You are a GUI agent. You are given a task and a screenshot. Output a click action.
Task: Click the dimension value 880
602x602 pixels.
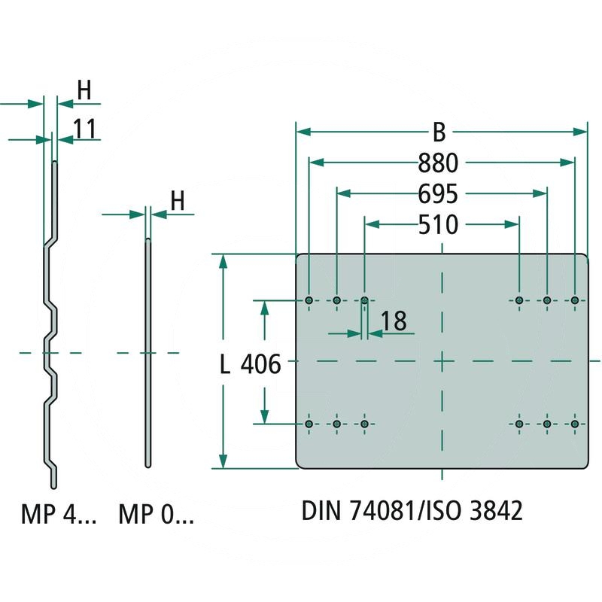[x=442, y=163]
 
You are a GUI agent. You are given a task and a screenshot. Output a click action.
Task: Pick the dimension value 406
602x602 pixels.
[x=260, y=366]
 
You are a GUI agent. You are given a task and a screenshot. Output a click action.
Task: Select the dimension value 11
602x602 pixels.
[x=85, y=129]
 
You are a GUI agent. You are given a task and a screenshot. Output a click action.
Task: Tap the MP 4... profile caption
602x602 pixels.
[x=58, y=515]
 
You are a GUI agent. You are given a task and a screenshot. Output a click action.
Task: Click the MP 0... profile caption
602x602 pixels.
[x=157, y=515]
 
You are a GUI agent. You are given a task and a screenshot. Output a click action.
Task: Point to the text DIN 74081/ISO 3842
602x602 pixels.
[x=412, y=511]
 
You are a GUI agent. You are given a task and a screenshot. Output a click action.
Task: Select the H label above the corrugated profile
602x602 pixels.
[x=84, y=90]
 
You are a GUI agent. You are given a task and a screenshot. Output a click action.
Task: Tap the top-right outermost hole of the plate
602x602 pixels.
[x=575, y=301]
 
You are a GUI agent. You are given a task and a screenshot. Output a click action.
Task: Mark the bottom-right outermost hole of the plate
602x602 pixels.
[x=575, y=424]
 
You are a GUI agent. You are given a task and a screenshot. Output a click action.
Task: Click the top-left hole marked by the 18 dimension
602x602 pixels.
[x=365, y=301]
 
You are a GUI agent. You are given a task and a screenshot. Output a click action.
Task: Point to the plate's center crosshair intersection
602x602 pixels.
[x=442, y=362]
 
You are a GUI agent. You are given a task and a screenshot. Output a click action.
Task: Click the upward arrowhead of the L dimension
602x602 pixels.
[x=223, y=260]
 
